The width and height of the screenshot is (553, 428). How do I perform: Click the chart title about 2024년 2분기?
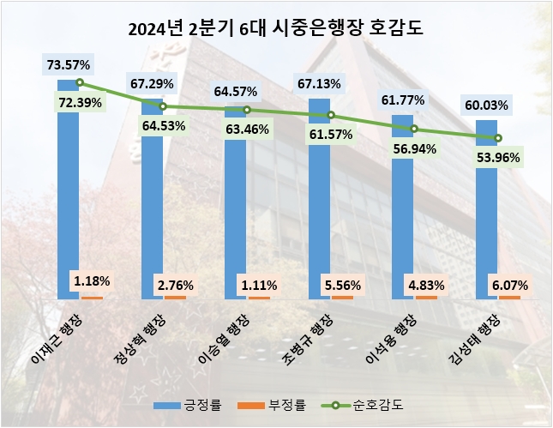point(276,28)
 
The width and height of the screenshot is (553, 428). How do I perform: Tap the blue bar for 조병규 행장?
point(319,206)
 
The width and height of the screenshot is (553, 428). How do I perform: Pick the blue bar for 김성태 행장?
point(487,214)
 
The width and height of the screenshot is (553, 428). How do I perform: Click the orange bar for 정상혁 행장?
point(175,297)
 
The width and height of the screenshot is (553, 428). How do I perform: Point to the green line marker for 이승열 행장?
point(247,110)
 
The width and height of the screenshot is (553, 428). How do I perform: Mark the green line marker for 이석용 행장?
point(414,130)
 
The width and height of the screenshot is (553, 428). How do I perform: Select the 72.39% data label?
point(78,103)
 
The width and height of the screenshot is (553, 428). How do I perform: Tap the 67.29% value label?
point(151,84)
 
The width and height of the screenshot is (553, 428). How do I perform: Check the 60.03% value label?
point(486,105)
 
